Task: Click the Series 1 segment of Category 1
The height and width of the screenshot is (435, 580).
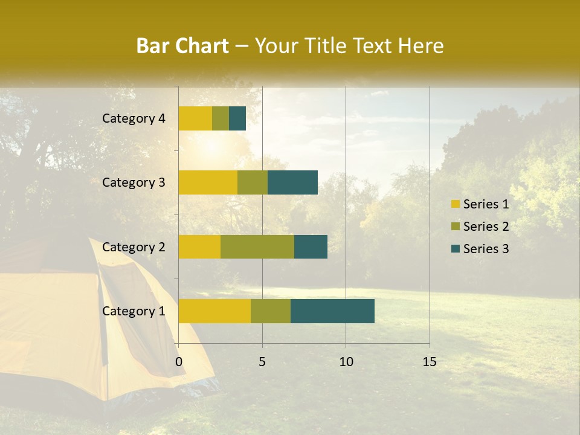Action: (214, 311)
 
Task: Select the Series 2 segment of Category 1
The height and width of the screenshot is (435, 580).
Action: (271, 311)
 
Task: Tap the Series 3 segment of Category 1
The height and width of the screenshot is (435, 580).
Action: (332, 311)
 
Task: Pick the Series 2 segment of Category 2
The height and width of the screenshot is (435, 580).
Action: (257, 246)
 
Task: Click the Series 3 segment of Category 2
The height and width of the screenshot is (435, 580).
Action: (311, 246)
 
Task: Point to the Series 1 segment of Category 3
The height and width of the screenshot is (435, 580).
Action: (208, 182)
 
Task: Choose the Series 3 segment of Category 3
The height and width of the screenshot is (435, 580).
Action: (292, 182)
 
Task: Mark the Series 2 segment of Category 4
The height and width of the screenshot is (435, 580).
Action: (221, 118)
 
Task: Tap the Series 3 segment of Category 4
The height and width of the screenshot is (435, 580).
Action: (237, 118)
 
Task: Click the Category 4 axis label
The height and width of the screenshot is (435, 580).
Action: (134, 118)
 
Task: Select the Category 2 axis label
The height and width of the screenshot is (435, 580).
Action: (134, 246)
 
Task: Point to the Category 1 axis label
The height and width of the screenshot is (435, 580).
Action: (134, 311)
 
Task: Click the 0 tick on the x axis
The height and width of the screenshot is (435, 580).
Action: (179, 362)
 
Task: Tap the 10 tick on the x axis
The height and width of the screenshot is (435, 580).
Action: (346, 362)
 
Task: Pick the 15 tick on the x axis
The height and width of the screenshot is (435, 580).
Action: (430, 362)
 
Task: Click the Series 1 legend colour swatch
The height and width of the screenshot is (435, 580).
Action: (456, 204)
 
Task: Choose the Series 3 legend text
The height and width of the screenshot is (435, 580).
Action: (486, 249)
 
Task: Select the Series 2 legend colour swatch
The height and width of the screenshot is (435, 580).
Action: (456, 227)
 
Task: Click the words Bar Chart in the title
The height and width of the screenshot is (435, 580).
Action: (182, 46)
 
